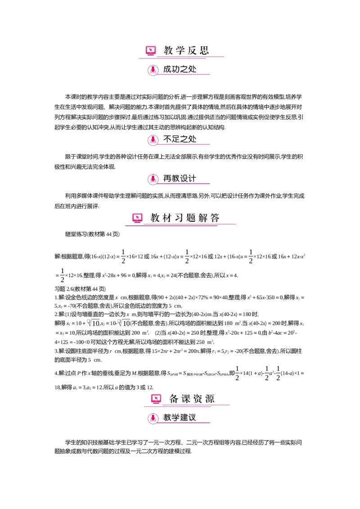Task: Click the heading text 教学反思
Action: pos(186,51)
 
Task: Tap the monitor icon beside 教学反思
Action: pos(151,51)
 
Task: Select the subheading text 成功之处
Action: pos(180,70)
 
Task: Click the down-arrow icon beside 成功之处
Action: pos(153,70)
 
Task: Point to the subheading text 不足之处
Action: pos(180,139)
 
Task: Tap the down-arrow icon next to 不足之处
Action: pos(153,140)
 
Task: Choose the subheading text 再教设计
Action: pos(180,179)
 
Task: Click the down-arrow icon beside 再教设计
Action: pos(153,179)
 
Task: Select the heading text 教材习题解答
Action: pos(185,219)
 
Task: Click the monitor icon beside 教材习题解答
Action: pos(137,219)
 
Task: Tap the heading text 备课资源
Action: pos(192,399)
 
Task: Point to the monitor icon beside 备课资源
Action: pos(156,399)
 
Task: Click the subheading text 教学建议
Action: pos(180,418)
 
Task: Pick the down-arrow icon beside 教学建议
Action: pos(153,418)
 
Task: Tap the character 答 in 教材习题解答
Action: pos(215,219)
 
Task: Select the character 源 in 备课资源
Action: pos(209,399)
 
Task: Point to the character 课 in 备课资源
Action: pos(186,399)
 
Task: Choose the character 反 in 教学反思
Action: pos(192,51)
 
